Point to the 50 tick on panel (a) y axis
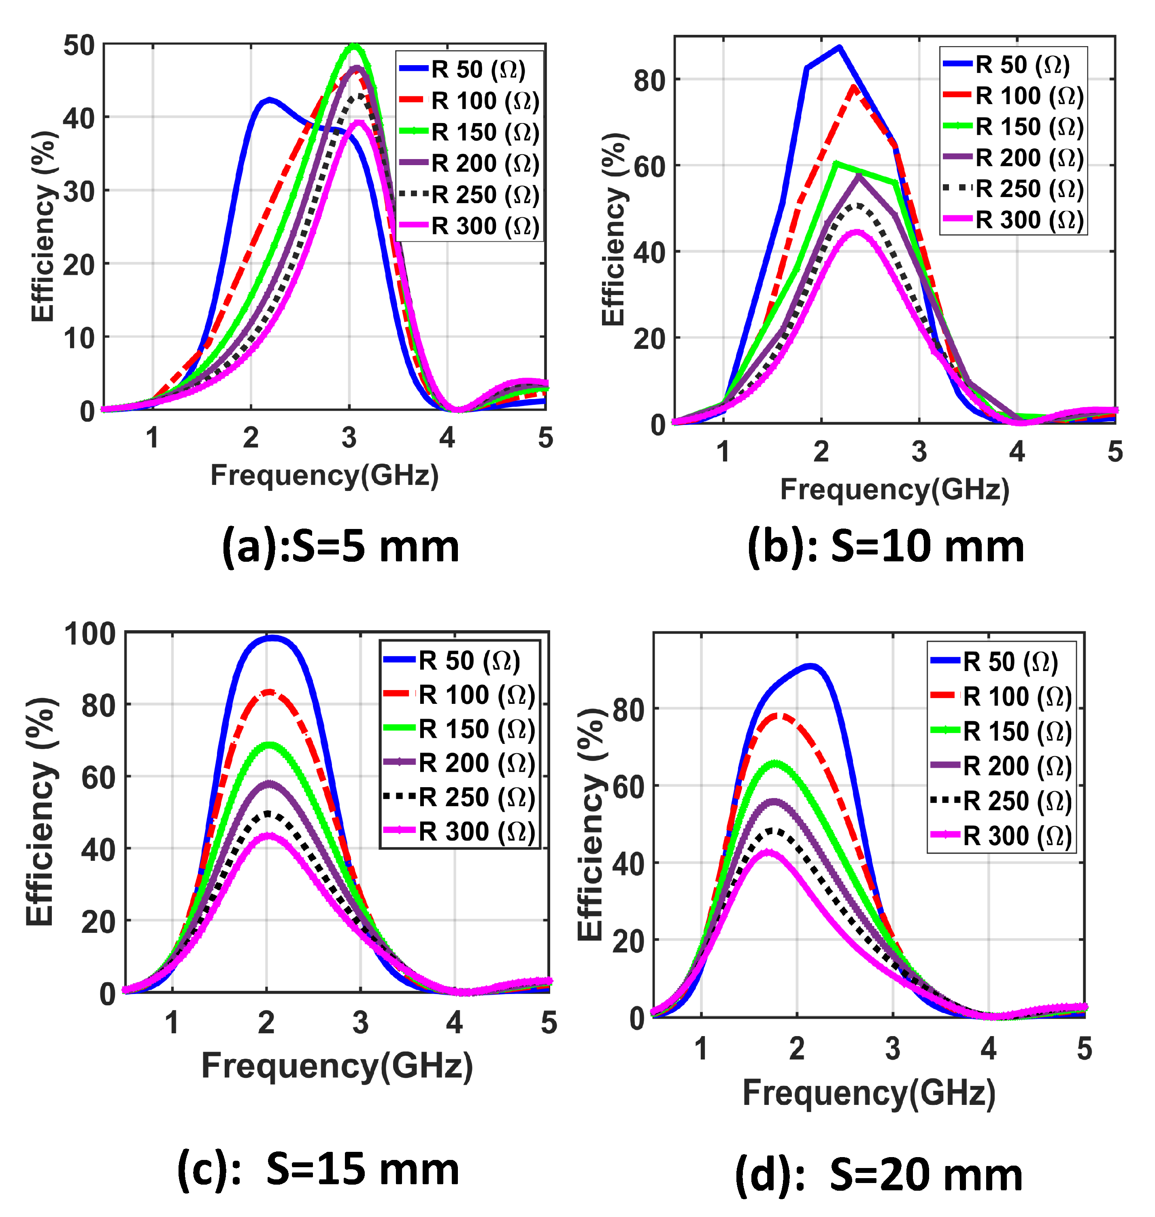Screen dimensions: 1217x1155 [79, 46]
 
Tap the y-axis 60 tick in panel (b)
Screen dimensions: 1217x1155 [649, 166]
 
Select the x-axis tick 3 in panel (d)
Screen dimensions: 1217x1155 [893, 1048]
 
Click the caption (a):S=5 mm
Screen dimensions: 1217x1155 [340, 547]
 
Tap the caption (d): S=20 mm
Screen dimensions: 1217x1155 [878, 1175]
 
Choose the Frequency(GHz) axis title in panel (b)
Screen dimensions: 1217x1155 [895, 489]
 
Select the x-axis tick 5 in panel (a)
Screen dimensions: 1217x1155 [545, 438]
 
